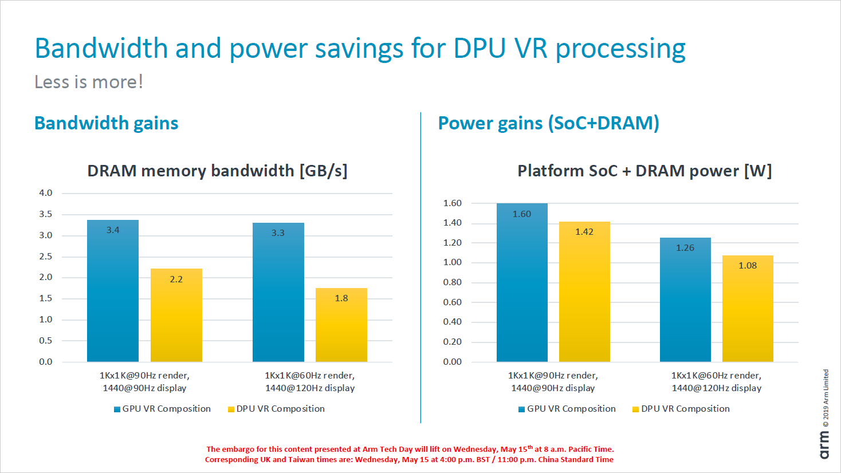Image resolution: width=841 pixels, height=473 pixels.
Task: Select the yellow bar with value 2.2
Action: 176,315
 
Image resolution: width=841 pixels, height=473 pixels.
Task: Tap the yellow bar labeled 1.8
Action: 341,325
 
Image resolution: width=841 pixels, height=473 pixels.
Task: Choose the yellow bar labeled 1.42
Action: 584,291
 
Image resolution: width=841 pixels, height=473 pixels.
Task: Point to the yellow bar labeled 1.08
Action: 748,309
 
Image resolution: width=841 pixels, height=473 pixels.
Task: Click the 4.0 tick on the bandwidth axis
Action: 46,193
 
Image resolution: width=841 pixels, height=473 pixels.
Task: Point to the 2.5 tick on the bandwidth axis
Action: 46,257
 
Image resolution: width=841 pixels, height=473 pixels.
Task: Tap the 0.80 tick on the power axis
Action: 452,282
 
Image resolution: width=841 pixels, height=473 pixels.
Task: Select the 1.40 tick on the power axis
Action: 452,223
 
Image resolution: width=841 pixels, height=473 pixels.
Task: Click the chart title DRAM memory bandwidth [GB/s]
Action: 217,171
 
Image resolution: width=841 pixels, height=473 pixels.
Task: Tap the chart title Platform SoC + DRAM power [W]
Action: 644,171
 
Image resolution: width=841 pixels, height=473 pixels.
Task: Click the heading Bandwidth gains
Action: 107,123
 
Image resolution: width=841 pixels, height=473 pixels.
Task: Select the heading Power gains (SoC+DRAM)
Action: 548,123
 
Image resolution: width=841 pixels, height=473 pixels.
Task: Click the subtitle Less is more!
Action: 89,82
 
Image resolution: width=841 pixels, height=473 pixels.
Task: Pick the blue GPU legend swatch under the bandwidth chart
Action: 117,409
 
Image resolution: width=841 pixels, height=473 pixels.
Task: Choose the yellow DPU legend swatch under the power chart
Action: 635,409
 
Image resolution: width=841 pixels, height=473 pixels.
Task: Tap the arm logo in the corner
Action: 824,445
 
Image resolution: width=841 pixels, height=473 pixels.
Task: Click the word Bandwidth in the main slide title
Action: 101,48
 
